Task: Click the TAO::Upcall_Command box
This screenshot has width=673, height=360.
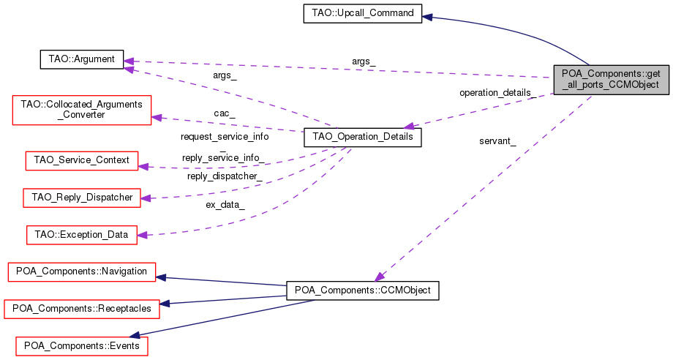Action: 362,14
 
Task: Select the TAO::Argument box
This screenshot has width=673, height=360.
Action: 81,59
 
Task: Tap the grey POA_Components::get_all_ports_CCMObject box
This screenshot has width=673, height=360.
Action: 612,79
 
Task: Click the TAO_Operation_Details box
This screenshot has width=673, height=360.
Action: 362,137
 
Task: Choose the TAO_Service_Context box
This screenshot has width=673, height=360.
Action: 81,160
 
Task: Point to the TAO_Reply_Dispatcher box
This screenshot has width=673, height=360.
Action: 81,198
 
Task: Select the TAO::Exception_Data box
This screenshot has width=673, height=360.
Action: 81,235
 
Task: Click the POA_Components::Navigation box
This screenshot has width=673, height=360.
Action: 81,271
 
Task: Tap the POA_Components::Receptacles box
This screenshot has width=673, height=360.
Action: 81,309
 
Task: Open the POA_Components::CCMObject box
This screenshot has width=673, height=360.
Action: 362,290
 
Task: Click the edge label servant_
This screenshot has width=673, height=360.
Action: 497,141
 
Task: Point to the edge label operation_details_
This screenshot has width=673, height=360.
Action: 495,93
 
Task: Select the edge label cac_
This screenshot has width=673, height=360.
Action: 224,113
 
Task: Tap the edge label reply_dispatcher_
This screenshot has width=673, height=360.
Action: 225,176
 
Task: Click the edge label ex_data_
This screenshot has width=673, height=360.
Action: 225,205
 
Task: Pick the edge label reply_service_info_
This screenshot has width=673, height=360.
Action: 225,158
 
